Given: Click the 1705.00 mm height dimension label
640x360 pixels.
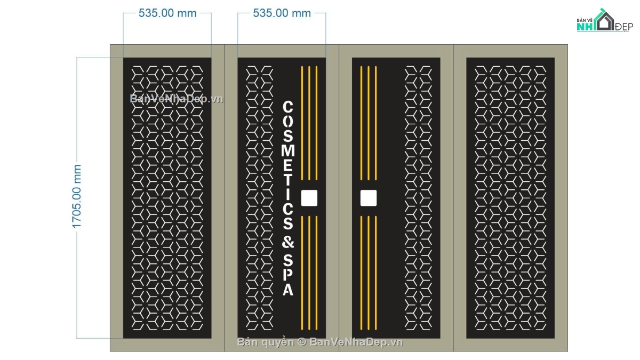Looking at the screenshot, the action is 77,197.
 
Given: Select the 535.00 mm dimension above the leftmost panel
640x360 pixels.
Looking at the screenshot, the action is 167,13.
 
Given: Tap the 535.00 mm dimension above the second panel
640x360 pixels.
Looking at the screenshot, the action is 282,13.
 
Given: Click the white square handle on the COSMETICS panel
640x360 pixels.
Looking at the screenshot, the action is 309,198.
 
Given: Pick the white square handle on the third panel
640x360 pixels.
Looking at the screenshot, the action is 369,198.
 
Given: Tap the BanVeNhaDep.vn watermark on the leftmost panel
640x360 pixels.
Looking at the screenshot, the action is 177,99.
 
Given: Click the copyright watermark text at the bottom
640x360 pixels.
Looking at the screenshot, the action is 320,342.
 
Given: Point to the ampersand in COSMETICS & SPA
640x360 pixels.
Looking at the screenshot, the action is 288,242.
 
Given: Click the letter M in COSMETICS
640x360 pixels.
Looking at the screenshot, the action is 288,151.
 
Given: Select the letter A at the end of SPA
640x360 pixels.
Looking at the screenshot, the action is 288,290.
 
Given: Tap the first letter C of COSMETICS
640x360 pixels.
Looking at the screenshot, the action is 288,107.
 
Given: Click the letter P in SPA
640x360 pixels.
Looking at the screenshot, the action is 288,275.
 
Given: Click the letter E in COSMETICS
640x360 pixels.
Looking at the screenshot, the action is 288,166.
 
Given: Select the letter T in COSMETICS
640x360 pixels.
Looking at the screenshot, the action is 288,181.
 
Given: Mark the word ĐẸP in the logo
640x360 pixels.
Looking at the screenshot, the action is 623,27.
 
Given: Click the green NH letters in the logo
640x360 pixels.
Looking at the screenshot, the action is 585,27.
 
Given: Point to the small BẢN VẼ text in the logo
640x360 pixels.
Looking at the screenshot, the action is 585,20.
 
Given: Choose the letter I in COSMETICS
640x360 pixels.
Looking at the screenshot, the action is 288,195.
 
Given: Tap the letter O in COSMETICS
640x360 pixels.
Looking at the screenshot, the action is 288,122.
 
